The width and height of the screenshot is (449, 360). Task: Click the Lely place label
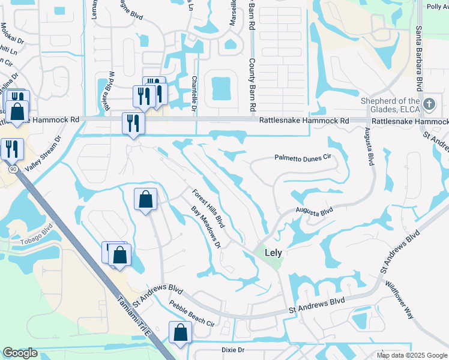[x=273, y=253]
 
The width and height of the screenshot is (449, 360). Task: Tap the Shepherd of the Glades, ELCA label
[x=390, y=105]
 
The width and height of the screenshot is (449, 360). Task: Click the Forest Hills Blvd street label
[x=208, y=208]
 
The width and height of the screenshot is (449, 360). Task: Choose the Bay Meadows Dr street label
[x=206, y=227]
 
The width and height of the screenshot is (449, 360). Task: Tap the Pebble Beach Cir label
[x=191, y=314]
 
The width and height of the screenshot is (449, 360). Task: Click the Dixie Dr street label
[x=233, y=349]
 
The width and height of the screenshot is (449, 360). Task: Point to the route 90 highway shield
[x=12, y=169]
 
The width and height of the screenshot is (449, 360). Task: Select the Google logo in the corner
[x=20, y=353]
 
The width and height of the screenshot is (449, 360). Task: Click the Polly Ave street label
[x=437, y=7]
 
